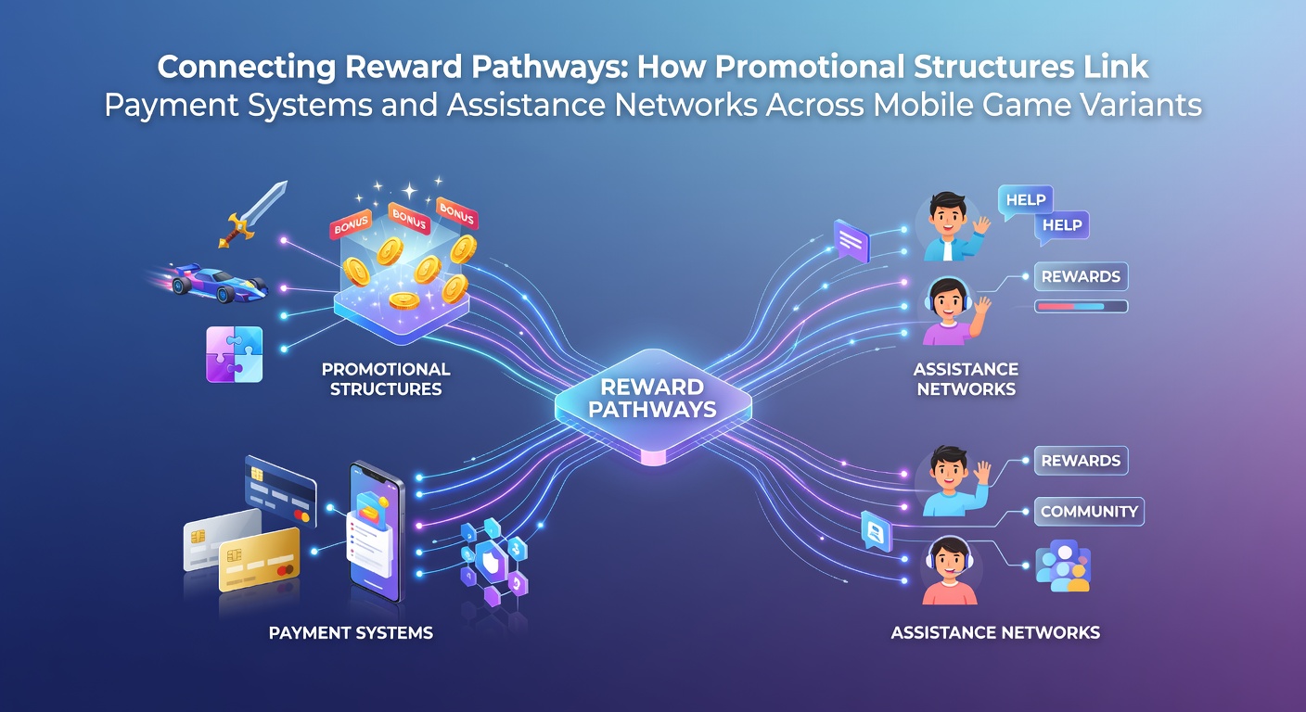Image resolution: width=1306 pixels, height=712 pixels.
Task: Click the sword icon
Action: click(x=252, y=214)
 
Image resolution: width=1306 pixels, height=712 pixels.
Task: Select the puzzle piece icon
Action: click(x=235, y=354)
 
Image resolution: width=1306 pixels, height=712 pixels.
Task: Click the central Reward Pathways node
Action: click(x=653, y=402)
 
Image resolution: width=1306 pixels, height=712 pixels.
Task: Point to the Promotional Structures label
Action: click(x=386, y=379)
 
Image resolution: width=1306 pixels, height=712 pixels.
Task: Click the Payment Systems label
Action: click(x=351, y=633)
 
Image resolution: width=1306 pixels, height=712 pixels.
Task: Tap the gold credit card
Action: click(x=260, y=559)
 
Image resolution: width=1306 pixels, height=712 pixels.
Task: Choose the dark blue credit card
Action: click(x=280, y=490)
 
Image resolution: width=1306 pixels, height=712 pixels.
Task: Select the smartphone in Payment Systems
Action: click(x=376, y=532)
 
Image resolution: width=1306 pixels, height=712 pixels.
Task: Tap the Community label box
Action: click(x=1089, y=512)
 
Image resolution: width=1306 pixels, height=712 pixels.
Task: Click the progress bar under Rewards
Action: click(x=1081, y=307)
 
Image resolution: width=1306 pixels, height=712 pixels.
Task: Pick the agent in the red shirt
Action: click(x=949, y=572)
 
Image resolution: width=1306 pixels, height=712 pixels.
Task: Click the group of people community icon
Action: click(x=1062, y=566)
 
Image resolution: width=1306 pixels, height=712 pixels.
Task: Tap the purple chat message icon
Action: click(x=851, y=241)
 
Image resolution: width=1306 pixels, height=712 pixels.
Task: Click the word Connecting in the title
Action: click(x=247, y=67)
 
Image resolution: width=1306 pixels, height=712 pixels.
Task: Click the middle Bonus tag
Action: click(x=409, y=218)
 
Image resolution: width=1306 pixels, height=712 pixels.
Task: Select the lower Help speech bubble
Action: click(x=1062, y=226)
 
